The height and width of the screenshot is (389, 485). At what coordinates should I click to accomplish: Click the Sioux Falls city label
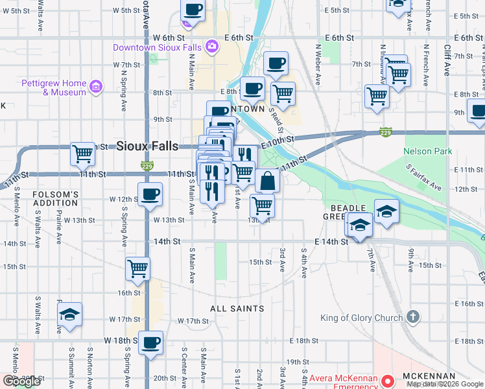pyautogui.click(x=147, y=146)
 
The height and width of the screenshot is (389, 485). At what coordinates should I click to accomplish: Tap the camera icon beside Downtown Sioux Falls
pyautogui.click(x=211, y=47)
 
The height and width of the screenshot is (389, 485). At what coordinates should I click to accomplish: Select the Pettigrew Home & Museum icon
pyautogui.click(x=96, y=86)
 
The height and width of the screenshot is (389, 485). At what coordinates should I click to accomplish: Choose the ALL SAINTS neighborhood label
pyautogui.click(x=237, y=309)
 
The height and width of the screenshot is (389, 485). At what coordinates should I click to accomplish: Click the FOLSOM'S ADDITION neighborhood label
pyautogui.click(x=56, y=198)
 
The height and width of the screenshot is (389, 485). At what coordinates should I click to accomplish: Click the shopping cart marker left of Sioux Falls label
pyautogui.click(x=82, y=153)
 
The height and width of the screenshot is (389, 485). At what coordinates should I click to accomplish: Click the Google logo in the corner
pyautogui.click(x=22, y=381)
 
